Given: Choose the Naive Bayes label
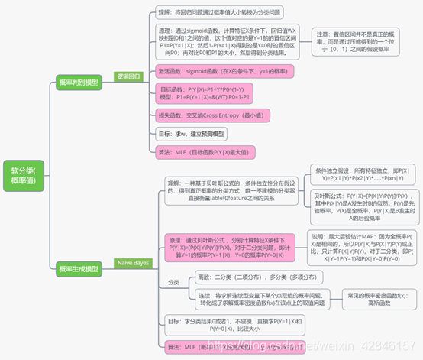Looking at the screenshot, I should (133, 263).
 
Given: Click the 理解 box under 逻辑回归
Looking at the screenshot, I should (221, 11).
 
